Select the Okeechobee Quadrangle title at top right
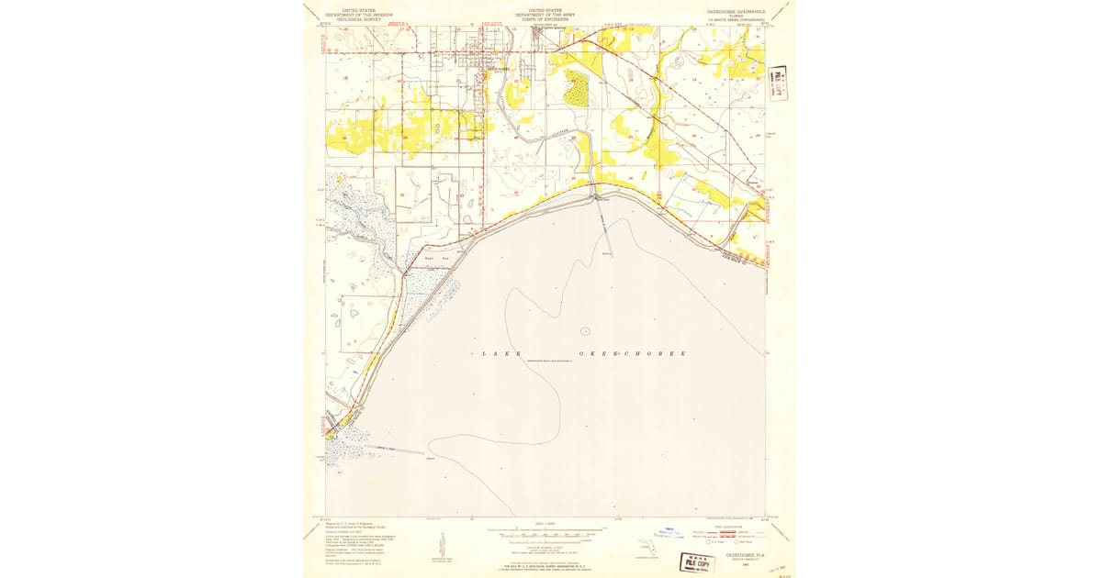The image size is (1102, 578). click(731, 14)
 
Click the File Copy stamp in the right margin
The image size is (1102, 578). click(779, 82)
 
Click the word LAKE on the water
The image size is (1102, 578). click(498, 354)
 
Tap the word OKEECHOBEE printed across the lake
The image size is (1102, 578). click(632, 354)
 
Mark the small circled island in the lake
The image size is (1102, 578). click(585, 330)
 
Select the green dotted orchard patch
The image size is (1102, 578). click(577, 88)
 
